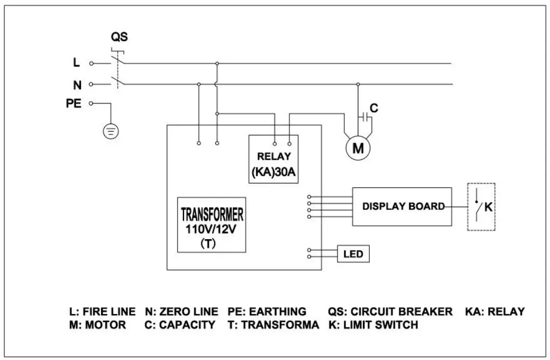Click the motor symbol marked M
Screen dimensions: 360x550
click(358, 147)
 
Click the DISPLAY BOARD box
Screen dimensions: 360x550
click(402, 206)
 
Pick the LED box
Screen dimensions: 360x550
click(353, 254)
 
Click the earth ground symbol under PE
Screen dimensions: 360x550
click(111, 131)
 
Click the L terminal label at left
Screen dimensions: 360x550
click(76, 63)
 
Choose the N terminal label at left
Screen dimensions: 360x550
click(76, 84)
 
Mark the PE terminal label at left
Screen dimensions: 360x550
click(73, 103)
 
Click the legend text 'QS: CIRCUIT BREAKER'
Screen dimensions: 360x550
click(390, 312)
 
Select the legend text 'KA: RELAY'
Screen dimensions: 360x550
click(494, 312)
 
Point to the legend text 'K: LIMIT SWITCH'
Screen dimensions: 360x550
click(372, 325)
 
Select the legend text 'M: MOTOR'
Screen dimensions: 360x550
click(97, 325)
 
